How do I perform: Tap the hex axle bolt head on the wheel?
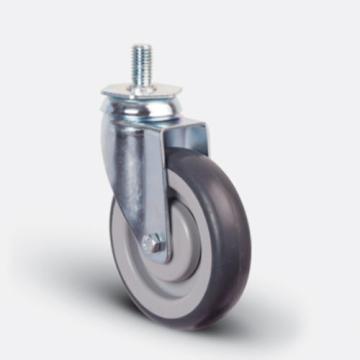click(x=152, y=241)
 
